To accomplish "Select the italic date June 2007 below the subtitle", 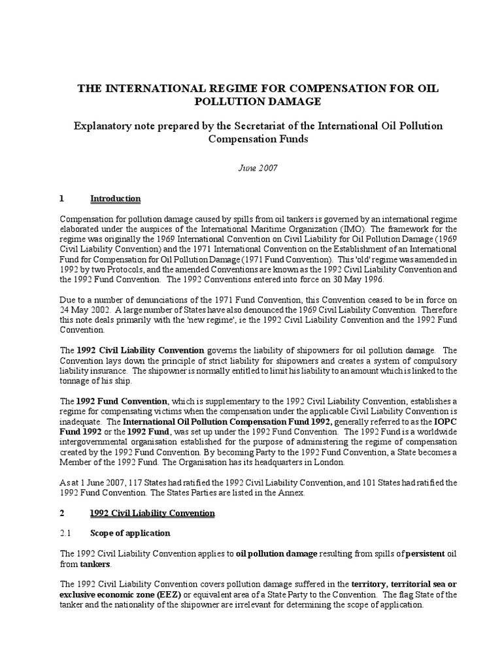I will pyautogui.click(x=251, y=168).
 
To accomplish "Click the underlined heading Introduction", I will pyautogui.click(x=115, y=199).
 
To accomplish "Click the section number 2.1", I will pyautogui.click(x=66, y=533).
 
